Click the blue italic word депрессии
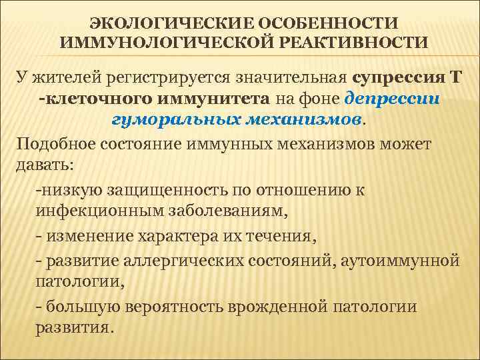[x=393, y=99]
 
